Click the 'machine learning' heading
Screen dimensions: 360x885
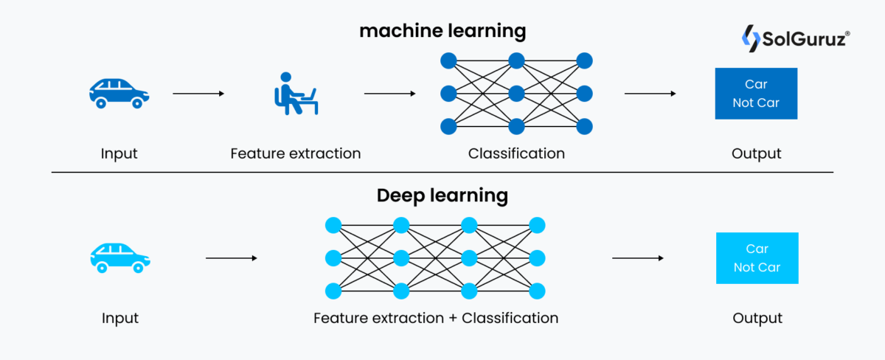(x=442, y=32)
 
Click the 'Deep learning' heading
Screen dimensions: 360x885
(x=442, y=195)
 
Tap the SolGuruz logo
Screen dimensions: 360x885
(x=794, y=38)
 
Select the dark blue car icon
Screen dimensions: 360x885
(x=119, y=94)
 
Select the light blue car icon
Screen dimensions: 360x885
(x=119, y=258)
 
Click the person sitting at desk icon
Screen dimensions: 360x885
(x=295, y=94)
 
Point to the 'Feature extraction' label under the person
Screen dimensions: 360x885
(x=295, y=154)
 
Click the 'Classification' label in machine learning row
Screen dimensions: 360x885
(x=516, y=154)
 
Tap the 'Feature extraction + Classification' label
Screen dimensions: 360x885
(x=436, y=319)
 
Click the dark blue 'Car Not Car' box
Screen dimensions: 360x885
(x=756, y=94)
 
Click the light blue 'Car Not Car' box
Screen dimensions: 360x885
(x=757, y=258)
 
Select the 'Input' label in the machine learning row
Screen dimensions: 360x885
(x=119, y=154)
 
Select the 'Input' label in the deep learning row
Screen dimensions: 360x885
(x=120, y=319)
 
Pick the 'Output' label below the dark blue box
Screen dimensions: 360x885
(x=756, y=154)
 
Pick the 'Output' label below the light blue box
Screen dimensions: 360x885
(x=757, y=319)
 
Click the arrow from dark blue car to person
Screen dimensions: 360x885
(x=198, y=94)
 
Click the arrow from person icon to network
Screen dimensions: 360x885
(x=389, y=94)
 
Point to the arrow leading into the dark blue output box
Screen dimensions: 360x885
(x=650, y=94)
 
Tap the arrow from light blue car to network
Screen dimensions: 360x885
(x=231, y=258)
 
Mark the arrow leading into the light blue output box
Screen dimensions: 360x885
(x=638, y=258)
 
